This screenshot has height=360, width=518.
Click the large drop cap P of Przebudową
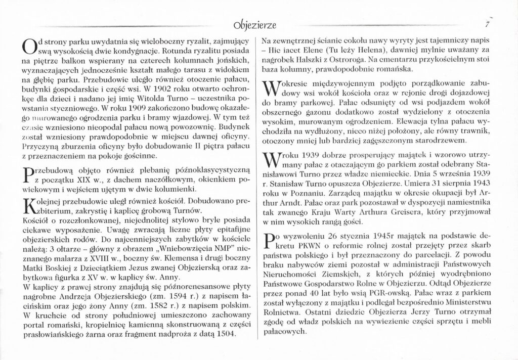click(x=28, y=177)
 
